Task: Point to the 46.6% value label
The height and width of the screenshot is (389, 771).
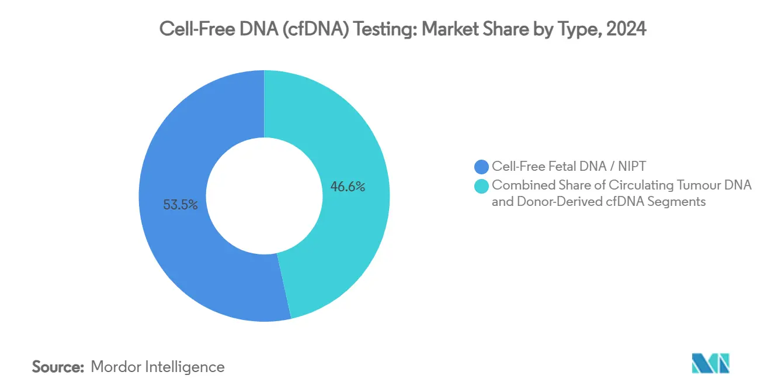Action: point(348,187)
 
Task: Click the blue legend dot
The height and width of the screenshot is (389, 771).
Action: point(482,167)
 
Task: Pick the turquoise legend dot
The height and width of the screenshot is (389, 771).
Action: point(482,185)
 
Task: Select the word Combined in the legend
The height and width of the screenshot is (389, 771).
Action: point(517,185)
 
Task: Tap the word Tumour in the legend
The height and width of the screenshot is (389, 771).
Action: point(699,185)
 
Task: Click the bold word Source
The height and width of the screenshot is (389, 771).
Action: point(58,367)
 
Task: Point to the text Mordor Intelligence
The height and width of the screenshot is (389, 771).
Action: point(158,367)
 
